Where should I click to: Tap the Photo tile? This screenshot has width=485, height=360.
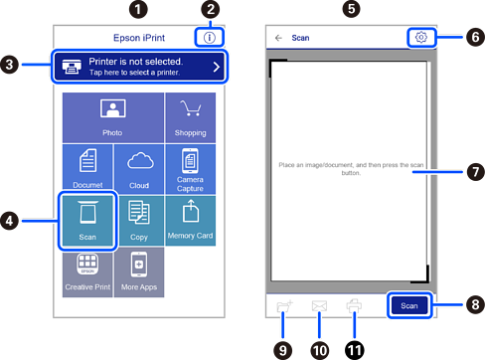pyautogui.click(x=113, y=117)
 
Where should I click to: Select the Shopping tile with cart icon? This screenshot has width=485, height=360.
pyautogui.click(x=191, y=117)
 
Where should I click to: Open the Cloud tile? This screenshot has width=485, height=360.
pyautogui.click(x=139, y=169)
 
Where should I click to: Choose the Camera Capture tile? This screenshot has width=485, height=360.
pyautogui.click(x=191, y=169)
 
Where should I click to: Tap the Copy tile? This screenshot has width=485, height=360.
pyautogui.click(x=140, y=221)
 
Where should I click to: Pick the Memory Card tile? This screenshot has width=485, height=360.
pyautogui.click(x=191, y=221)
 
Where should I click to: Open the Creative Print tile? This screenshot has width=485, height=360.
pyautogui.click(x=87, y=272)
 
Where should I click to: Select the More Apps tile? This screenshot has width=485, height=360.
pyautogui.click(x=139, y=272)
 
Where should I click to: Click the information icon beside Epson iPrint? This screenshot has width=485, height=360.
pyautogui.click(x=210, y=38)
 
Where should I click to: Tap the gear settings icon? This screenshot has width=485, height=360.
pyautogui.click(x=421, y=37)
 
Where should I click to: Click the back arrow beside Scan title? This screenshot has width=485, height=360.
pyautogui.click(x=278, y=38)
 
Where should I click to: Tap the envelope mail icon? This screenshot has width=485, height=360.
pyautogui.click(x=319, y=306)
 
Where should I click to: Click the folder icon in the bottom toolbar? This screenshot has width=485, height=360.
pyautogui.click(x=284, y=306)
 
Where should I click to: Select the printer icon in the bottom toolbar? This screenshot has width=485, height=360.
pyautogui.click(x=354, y=306)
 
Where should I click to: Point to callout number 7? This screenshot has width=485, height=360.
pyautogui.click(x=475, y=172)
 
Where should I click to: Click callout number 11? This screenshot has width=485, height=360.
pyautogui.click(x=355, y=351)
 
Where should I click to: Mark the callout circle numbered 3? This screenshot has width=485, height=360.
pyautogui.click(x=9, y=65)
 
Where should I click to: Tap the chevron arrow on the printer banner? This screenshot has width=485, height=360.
pyautogui.click(x=217, y=67)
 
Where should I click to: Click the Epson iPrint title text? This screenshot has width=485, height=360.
pyautogui.click(x=139, y=38)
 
